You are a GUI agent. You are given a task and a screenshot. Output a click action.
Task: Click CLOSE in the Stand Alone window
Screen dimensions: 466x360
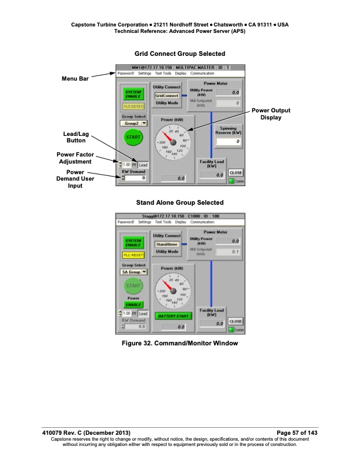[x=235, y=321]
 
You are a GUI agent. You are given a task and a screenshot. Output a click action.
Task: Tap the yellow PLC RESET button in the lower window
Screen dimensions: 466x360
[x=133, y=255]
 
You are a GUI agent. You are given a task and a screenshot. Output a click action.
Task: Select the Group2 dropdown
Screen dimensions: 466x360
[x=134, y=124]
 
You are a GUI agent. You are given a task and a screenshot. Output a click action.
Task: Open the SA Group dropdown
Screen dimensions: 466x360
[x=134, y=272]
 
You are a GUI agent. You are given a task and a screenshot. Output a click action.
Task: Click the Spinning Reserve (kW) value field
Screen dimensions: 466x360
[x=229, y=142]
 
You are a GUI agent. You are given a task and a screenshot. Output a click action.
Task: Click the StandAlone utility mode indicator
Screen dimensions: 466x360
[x=166, y=244]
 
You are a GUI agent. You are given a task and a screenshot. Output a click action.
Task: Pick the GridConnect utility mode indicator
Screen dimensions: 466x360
[x=166, y=95]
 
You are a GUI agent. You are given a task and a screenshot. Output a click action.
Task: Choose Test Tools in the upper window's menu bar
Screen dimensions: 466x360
[x=164, y=74]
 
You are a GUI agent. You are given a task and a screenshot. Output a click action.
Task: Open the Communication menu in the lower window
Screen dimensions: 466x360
[x=202, y=222]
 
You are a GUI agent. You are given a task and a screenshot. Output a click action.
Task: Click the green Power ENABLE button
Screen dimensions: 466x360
[x=133, y=305]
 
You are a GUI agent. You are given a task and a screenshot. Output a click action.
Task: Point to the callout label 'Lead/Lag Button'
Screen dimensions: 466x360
[x=75, y=137]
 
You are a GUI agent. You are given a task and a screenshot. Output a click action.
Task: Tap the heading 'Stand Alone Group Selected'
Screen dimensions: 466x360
[x=179, y=202]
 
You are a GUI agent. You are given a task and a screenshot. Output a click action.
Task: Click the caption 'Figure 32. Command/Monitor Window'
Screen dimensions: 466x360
[x=179, y=343]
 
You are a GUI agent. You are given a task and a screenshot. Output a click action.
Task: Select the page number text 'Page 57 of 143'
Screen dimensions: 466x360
[x=293, y=433]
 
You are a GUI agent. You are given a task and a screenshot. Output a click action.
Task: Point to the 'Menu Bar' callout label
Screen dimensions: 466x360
[x=75, y=78]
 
